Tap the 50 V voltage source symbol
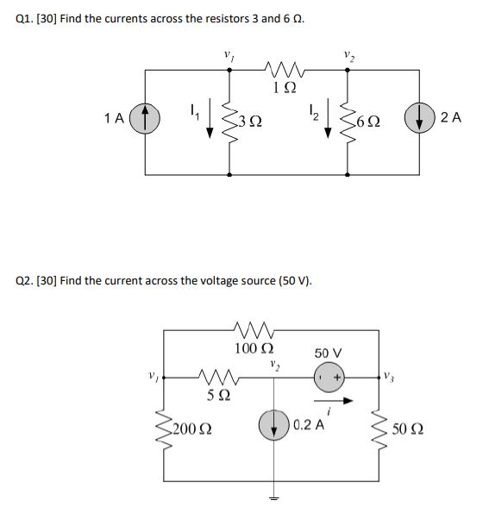(x=329, y=377)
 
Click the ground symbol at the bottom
(x=275, y=504)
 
